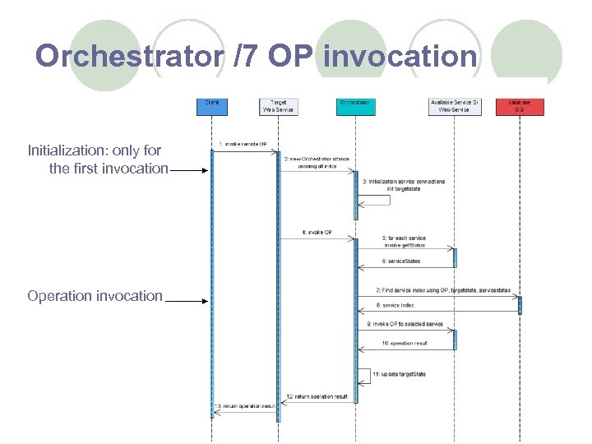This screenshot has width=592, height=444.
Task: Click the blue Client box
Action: (x=211, y=107)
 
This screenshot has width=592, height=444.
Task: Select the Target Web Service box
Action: (x=278, y=107)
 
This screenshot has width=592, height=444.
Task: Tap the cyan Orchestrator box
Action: (x=355, y=107)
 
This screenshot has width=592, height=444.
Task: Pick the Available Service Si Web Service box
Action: (x=454, y=107)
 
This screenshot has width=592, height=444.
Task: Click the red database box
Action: (x=520, y=107)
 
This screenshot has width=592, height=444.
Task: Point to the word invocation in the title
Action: (x=400, y=56)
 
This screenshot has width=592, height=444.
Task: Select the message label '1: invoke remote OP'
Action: (x=243, y=144)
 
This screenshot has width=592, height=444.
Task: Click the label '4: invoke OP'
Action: (x=317, y=233)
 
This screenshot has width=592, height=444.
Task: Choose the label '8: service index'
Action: (x=397, y=305)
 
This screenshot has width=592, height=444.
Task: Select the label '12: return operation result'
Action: (x=317, y=397)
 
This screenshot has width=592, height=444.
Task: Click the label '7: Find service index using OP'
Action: (x=443, y=290)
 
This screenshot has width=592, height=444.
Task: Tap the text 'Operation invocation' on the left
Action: (x=95, y=296)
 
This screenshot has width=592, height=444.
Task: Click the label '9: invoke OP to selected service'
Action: (x=405, y=324)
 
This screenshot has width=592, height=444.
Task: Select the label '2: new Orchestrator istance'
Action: (x=317, y=158)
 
